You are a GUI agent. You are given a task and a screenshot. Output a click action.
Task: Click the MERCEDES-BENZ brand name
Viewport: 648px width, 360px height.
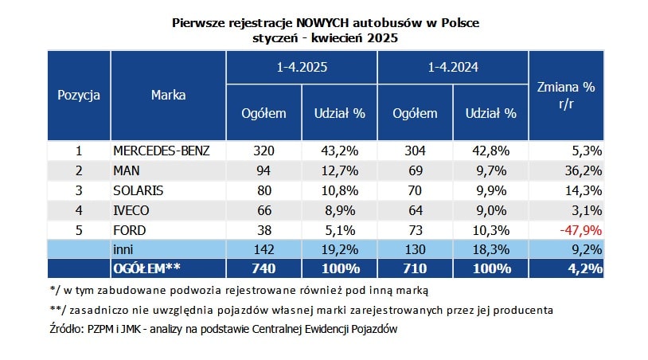pyautogui.click(x=162, y=151)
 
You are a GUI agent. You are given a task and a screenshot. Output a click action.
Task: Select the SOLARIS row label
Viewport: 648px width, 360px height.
pyautogui.click(x=139, y=190)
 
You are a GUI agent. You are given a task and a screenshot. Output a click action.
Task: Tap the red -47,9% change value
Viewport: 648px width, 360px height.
pyautogui.click(x=580, y=230)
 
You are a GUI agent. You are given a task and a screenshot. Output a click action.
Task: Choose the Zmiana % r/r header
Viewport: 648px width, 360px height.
pyautogui.click(x=566, y=95)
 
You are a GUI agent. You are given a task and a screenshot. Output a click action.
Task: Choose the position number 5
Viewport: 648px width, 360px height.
pyautogui.click(x=79, y=230)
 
